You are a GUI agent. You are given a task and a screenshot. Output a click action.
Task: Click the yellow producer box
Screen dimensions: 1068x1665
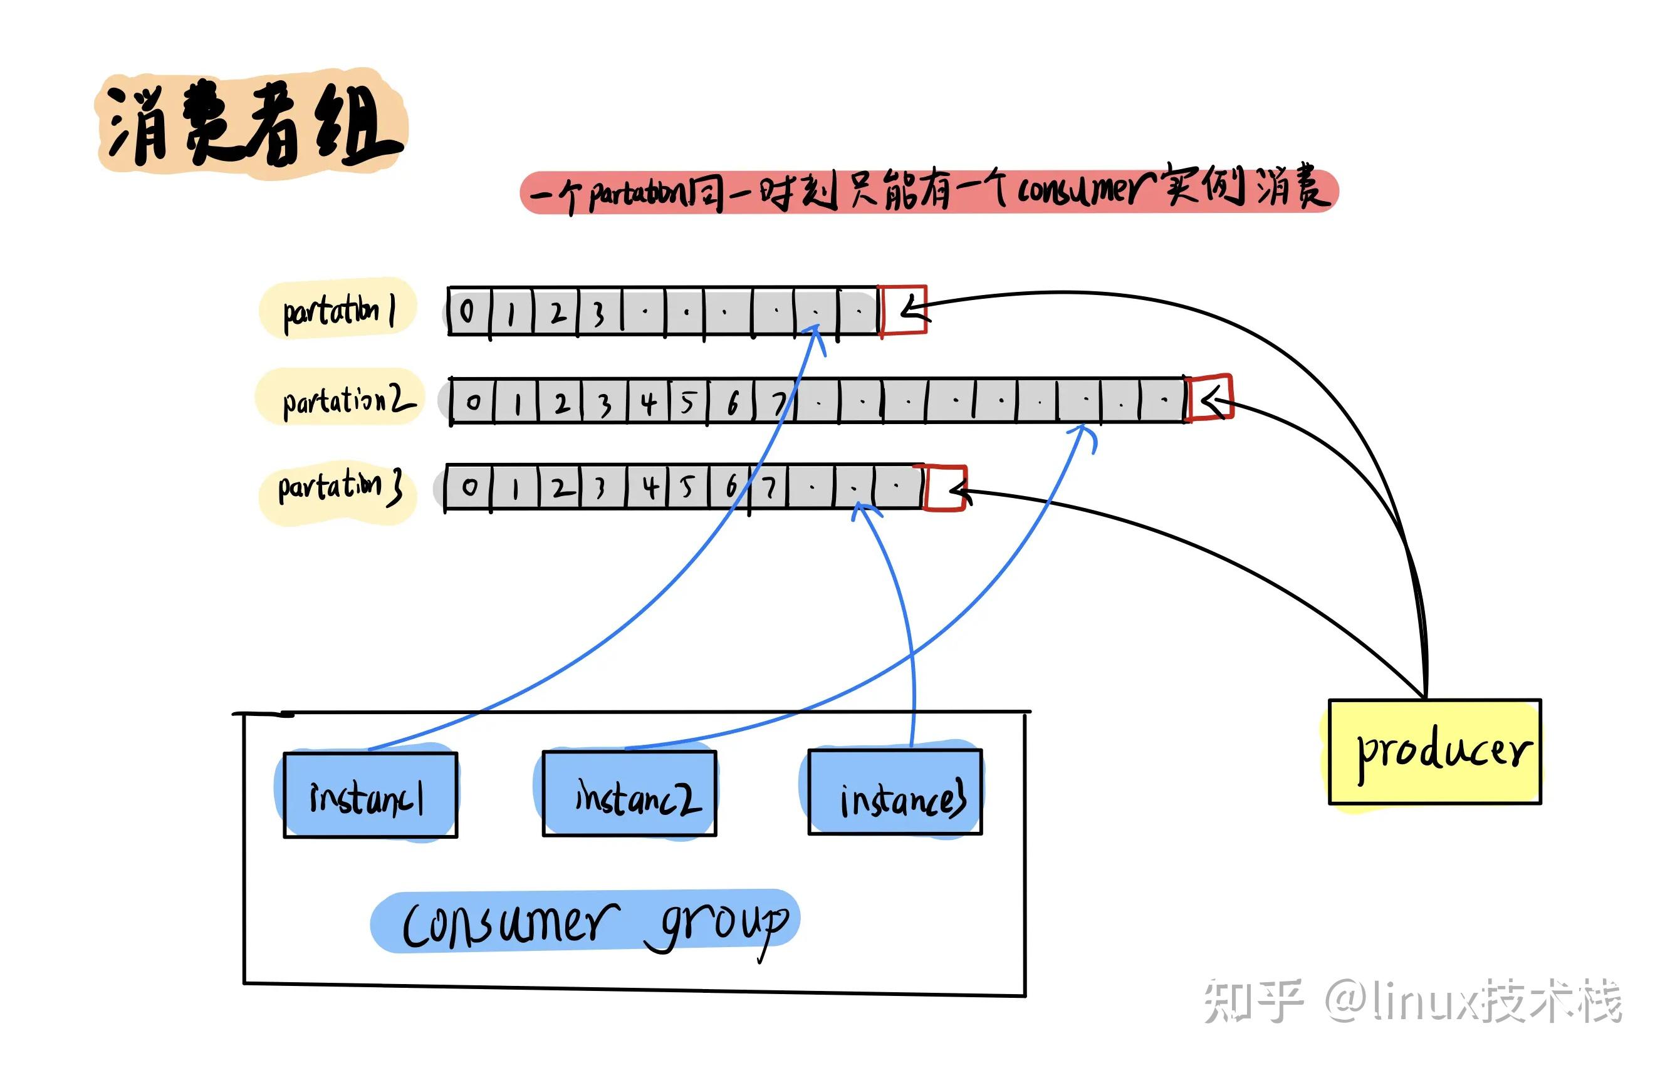pyautogui.click(x=1434, y=752)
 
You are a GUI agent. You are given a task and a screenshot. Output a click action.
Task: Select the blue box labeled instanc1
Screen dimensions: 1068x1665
pyautogui.click(x=370, y=795)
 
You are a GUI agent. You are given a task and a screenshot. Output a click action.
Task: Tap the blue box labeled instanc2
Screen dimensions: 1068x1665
pyautogui.click(x=629, y=794)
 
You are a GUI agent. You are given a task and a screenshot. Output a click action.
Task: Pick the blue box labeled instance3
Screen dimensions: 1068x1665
pyautogui.click(x=895, y=792)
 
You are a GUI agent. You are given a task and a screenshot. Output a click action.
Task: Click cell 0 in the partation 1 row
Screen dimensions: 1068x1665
pyautogui.click(x=468, y=311)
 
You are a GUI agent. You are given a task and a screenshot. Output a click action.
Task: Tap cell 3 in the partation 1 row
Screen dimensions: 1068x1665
pyautogui.click(x=598, y=313)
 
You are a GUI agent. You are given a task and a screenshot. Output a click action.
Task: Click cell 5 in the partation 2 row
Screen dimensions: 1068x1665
pyautogui.click(x=688, y=402)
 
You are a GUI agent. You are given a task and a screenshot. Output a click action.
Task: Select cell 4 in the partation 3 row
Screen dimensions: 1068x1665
pyautogui.click(x=649, y=487)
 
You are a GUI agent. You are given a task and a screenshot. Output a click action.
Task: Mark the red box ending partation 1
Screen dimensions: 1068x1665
pyautogui.click(x=903, y=311)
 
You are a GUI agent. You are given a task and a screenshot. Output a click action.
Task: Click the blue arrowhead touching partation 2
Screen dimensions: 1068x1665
pyautogui.click(x=1083, y=430)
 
